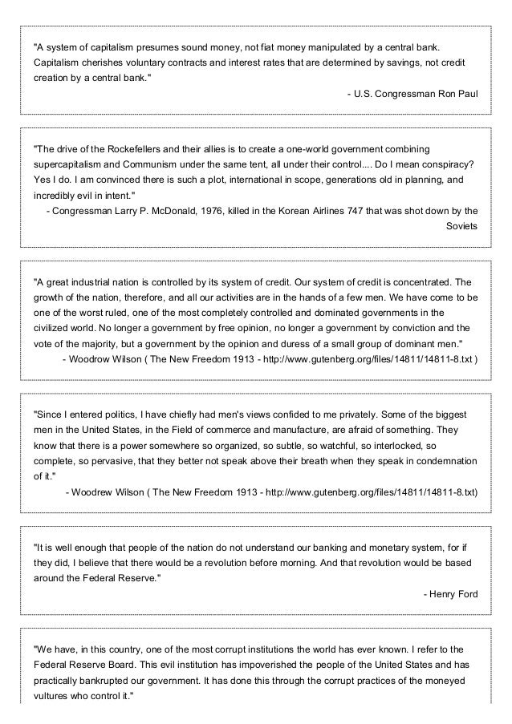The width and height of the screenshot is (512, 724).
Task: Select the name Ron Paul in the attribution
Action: pos(458,94)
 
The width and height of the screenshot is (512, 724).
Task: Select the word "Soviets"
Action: pos(461,226)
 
